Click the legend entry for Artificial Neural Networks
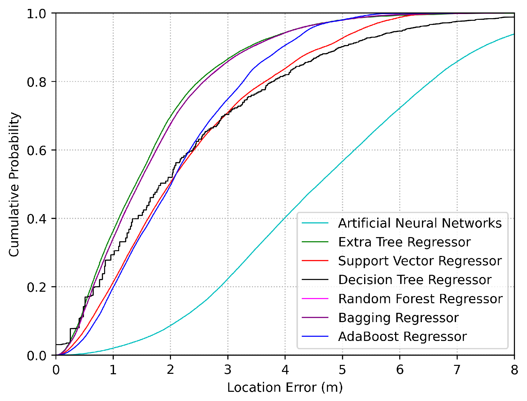(420, 223)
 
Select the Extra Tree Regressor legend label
(404, 242)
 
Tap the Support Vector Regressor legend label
(420, 261)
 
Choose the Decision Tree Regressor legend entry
(415, 280)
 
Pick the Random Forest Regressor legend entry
(420, 299)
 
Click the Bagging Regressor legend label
(398, 318)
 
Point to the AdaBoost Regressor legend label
(402, 336)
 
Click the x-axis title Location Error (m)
(285, 387)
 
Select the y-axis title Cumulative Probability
(14, 184)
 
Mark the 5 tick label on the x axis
(342, 370)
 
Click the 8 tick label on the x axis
(514, 370)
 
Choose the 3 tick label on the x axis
(228, 370)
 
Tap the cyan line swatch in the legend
(315, 223)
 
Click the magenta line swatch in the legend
(315, 299)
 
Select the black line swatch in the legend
(315, 280)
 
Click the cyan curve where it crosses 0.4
(284, 219)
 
